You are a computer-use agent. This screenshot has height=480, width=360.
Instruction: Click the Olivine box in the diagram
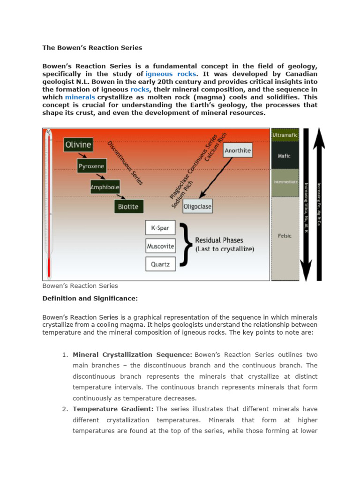(78, 145)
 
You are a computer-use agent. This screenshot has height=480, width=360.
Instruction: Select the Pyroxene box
(92, 166)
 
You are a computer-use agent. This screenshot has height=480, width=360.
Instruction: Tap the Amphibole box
(105, 187)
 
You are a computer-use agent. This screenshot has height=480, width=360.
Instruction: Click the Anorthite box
(238, 150)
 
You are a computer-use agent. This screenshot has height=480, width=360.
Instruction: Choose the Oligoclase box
(197, 206)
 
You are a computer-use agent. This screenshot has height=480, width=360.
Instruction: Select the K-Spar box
(160, 228)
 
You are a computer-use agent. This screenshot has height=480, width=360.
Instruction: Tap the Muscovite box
(160, 246)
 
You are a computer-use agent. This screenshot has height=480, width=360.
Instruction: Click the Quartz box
(160, 264)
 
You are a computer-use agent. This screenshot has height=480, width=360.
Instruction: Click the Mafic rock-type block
(285, 156)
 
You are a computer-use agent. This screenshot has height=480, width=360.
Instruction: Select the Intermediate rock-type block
(285, 182)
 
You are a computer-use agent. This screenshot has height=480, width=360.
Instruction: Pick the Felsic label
(285, 236)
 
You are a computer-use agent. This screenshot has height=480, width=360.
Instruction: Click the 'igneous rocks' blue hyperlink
(165, 74)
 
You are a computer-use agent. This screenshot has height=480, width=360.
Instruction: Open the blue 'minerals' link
(80, 97)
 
